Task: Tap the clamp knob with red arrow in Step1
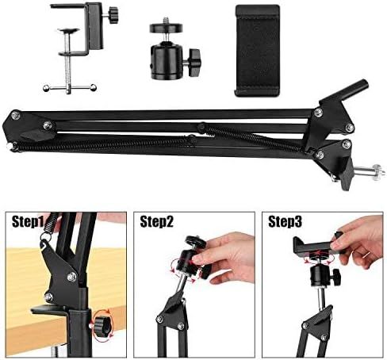102,323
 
